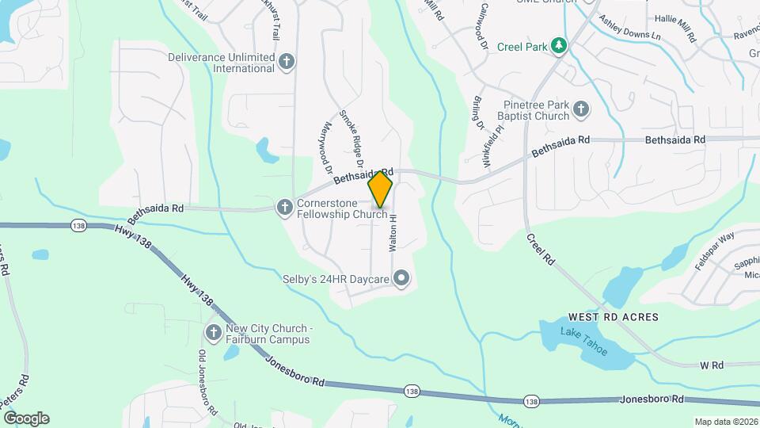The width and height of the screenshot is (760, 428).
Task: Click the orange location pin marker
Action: point(381,189)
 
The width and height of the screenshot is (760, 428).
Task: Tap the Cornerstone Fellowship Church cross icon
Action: point(284,208)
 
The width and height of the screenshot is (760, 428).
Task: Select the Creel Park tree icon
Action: point(559,46)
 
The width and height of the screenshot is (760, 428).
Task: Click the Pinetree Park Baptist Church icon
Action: point(581,109)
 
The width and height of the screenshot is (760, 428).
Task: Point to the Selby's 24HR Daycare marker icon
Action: point(401,278)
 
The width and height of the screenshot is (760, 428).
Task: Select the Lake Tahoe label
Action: point(584,340)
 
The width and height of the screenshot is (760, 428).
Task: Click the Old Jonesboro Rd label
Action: point(207,383)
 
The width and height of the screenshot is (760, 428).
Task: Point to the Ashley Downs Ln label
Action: point(629,29)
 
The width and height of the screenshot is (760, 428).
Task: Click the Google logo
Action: point(26,418)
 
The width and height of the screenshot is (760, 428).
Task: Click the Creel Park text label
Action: point(522,47)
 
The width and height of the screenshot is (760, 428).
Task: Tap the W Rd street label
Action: point(712,365)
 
